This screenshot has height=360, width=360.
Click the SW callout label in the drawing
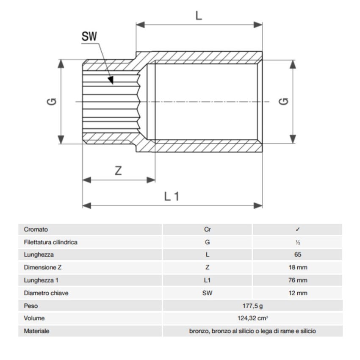click(x=89, y=36)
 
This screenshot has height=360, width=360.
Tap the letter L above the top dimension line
click(x=198, y=16)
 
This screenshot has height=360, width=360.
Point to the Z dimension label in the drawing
click(x=119, y=171)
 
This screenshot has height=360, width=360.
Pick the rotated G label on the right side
click(x=284, y=102)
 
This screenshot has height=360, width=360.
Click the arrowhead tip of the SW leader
click(x=113, y=83)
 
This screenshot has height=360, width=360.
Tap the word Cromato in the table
click(x=36, y=230)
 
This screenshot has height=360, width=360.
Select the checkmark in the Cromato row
click(x=298, y=230)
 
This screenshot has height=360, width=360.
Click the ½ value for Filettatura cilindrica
click(x=298, y=242)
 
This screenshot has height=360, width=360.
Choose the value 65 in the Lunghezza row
click(x=298, y=255)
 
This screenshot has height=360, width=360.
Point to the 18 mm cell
click(x=298, y=268)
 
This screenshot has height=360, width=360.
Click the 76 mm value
click(x=298, y=280)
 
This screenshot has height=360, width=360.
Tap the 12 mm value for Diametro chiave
click(x=298, y=293)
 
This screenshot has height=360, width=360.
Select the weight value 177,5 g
click(x=252, y=306)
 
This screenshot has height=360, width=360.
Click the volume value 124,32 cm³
click(x=252, y=318)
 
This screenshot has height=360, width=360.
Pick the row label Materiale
click(x=36, y=331)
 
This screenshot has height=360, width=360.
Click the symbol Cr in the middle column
click(x=207, y=230)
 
